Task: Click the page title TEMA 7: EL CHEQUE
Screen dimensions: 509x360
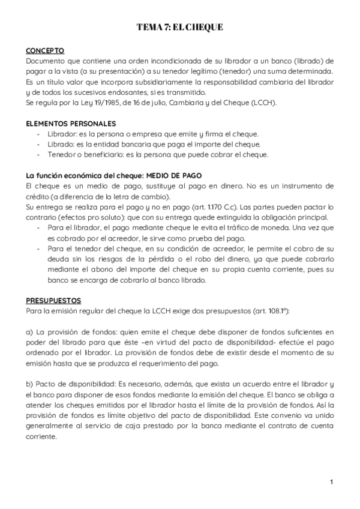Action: coord(180,28)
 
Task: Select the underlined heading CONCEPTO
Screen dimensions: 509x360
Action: coord(45,50)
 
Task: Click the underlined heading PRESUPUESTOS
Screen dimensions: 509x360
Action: coord(53,300)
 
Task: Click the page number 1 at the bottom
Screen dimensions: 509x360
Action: coord(331,481)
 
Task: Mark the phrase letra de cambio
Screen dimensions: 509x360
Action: coord(144,196)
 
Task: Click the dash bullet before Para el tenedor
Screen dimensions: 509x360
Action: coord(40,248)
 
